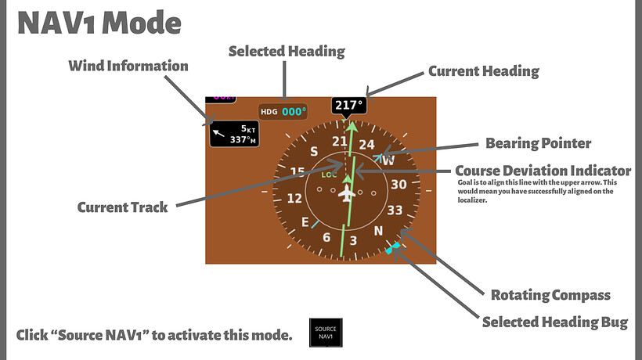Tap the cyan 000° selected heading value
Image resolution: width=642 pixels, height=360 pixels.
coord(294,112)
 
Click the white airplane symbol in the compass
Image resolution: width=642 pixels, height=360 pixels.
coord(345,193)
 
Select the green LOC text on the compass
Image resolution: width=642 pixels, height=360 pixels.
coord(329,175)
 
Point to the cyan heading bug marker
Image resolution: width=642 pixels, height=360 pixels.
coord(393,248)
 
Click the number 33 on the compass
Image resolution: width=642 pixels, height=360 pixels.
coord(395,210)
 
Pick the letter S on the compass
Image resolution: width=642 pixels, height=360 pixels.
coord(314,150)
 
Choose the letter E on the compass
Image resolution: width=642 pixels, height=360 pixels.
coord(305,221)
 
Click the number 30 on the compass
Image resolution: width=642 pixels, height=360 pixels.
coord(399,185)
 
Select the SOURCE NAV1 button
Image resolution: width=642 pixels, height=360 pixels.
coord(326,333)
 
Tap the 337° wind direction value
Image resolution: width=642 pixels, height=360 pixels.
coord(242,140)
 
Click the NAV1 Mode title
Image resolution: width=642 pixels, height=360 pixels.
coord(99,23)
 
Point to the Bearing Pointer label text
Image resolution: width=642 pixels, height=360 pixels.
coord(538,143)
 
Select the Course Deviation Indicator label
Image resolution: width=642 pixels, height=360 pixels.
coord(543,170)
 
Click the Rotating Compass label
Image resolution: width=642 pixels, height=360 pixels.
coord(550,295)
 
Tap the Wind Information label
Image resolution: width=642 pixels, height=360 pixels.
coord(128,66)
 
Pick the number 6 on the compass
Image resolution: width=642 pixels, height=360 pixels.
coord(327,237)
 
